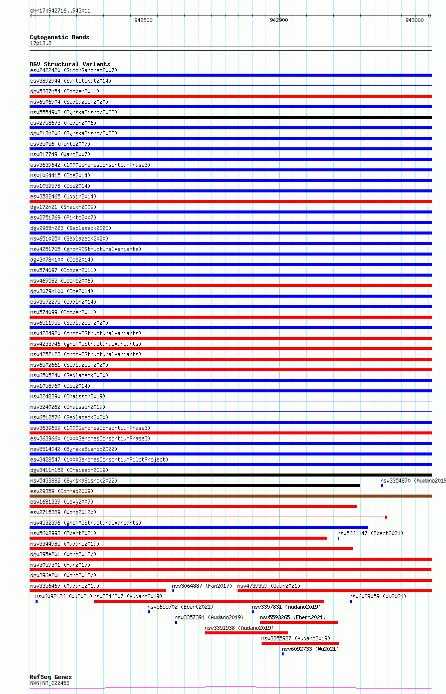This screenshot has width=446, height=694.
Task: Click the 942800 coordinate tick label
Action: pos(143,20)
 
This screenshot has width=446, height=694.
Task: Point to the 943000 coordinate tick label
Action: pos(414,20)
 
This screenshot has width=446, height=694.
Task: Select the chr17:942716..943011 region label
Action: pos(60,11)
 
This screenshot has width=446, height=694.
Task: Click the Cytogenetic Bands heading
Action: pos(59,37)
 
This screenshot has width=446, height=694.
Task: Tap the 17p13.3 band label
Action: pos(41,43)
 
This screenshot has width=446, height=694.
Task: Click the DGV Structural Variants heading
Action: pos(70,64)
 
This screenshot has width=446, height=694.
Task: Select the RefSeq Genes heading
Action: pos(51,677)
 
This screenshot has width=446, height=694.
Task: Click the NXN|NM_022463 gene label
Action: pos(50,683)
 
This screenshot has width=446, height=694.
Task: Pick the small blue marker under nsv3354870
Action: pos(382,486)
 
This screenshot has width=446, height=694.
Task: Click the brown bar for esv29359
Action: pos(231,496)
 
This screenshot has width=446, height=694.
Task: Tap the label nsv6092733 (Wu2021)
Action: pos(310,649)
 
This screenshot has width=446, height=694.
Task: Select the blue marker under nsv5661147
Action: pos(338,538)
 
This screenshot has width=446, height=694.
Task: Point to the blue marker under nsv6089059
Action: pos(351,601)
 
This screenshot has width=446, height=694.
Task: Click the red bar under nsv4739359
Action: pos(334,591)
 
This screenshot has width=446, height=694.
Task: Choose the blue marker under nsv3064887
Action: pos(173,591)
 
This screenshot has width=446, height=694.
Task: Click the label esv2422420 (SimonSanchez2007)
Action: pos(73,70)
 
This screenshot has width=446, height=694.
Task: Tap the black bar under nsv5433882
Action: pos(194,486)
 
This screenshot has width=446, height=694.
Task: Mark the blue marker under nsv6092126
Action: pos(37,601)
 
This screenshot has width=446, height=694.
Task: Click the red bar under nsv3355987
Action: pos(300,643)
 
